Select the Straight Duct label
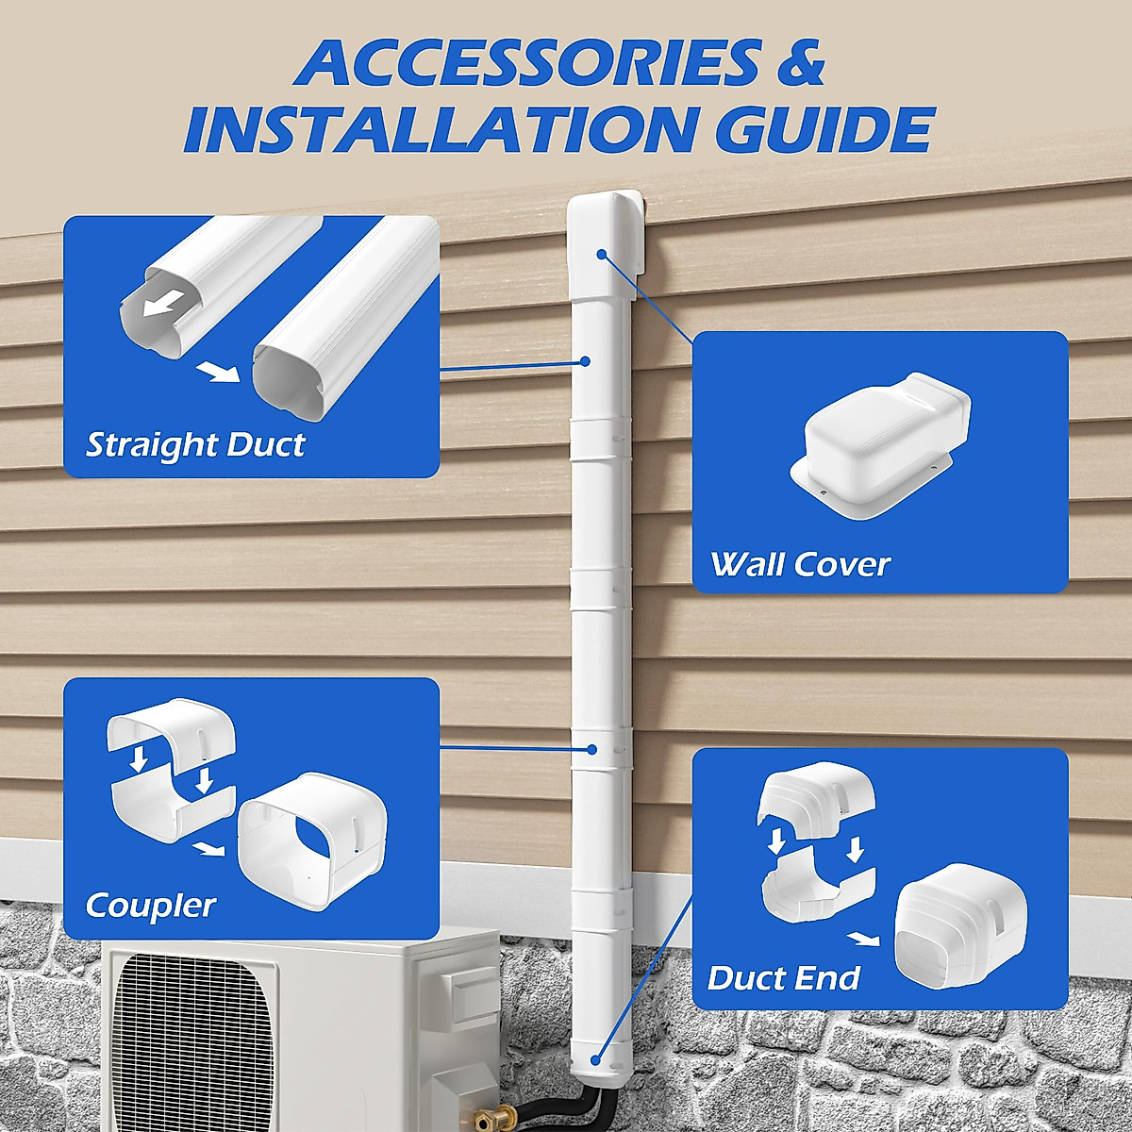click(195, 444)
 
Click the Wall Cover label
click(800, 564)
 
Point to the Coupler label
click(150, 906)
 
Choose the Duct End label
click(783, 978)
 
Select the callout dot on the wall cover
click(601, 254)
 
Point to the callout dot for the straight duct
click(585, 360)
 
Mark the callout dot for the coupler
click(591, 749)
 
